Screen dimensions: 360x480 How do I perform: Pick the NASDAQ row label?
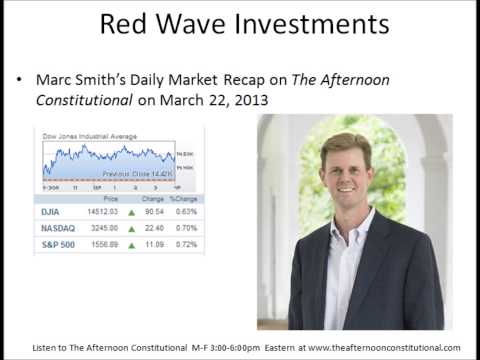pyautogui.click(x=59, y=227)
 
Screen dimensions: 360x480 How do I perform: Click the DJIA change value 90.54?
pyautogui.click(x=154, y=210)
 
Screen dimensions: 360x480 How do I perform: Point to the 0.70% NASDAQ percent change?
pyautogui.click(x=186, y=227)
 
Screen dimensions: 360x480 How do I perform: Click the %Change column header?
pyautogui.click(x=183, y=199)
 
